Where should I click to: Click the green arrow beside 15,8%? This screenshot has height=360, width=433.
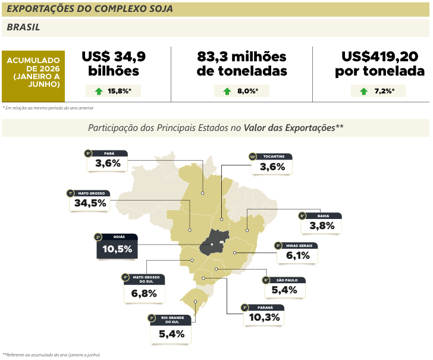pos(99,91)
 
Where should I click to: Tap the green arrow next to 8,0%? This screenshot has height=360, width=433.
pos(227,91)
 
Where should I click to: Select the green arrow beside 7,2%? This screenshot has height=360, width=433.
pos(363,91)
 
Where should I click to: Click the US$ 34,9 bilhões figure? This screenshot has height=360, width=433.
pos(114,64)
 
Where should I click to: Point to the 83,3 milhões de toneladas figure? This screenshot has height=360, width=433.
pos(241,64)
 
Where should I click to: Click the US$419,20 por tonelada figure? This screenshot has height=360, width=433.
pos(379,64)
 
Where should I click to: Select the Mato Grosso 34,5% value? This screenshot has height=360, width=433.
pos(90,203)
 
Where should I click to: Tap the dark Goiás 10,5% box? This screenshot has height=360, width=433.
pos(117,246)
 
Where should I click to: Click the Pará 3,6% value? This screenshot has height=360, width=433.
pos(108,163)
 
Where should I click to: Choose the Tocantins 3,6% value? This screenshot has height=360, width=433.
pos(272,167)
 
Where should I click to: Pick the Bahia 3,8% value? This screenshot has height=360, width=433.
pos(322,226)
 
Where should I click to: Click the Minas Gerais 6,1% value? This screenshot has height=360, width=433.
pos(297,255)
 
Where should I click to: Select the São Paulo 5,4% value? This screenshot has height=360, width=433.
pos(284,290)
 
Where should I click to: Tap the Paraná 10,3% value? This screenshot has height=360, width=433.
pos(264,317)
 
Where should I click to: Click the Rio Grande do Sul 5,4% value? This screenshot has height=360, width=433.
pos(171,334)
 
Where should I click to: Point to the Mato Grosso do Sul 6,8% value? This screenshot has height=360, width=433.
pos(144,293)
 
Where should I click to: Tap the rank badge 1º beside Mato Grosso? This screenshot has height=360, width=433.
pos(70,193)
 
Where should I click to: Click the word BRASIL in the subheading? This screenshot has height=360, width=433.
pos(23,27)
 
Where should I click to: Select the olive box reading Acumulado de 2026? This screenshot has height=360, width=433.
pos(33,76)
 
